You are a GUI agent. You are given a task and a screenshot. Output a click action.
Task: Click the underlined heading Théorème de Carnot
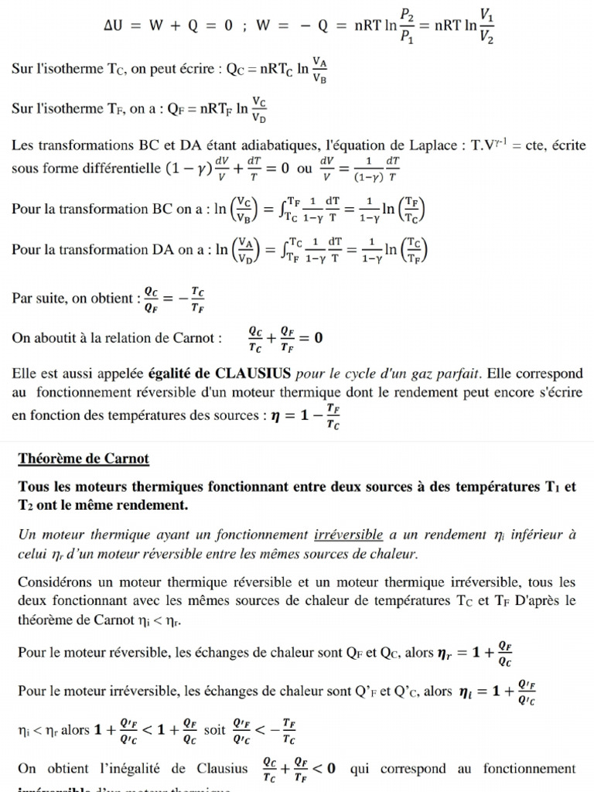click(x=84, y=459)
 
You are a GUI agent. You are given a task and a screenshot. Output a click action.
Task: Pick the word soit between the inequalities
click(x=214, y=729)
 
